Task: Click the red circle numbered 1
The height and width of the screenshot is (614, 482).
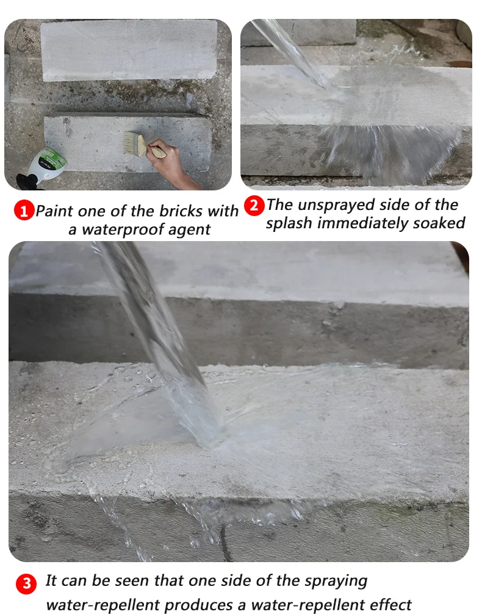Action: coord(24,210)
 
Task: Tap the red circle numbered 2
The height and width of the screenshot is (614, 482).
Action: coord(254,206)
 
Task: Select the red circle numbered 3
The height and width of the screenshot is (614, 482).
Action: coord(26,584)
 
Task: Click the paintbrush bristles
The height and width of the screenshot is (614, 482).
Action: coord(132,143)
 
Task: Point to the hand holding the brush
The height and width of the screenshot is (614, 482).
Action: coord(168,161)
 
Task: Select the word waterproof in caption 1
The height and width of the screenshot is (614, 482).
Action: coord(121,230)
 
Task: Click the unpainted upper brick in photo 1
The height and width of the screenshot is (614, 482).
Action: coord(129,49)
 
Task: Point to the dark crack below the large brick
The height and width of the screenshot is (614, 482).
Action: coord(224,543)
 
